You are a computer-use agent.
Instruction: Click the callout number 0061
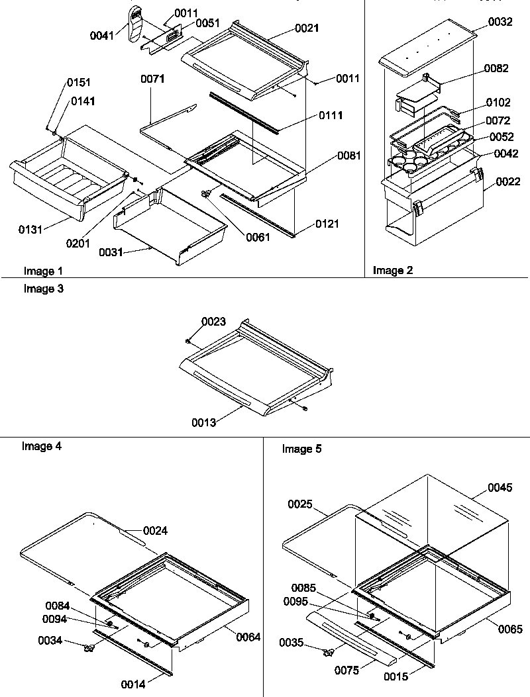pyautogui.click(x=257, y=237)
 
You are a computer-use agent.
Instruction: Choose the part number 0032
pyautogui.click(x=500, y=22)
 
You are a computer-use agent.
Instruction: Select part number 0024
pyautogui.click(x=156, y=530)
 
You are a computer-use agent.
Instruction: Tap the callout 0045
pyautogui.click(x=500, y=488)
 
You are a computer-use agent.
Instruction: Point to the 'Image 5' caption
pyautogui.click(x=301, y=449)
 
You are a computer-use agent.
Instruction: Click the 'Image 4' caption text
pyautogui.click(x=42, y=446)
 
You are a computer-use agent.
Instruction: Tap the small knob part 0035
pyautogui.click(x=327, y=653)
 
